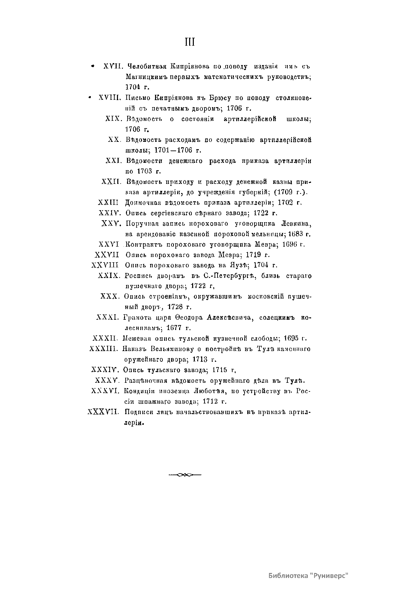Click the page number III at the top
click(189, 43)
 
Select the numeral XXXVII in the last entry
click(103, 412)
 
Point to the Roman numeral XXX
click(109, 296)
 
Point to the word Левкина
click(296, 223)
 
